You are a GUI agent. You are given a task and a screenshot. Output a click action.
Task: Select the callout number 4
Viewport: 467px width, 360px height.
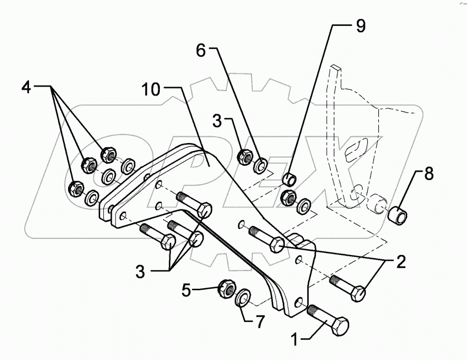(x=26, y=86)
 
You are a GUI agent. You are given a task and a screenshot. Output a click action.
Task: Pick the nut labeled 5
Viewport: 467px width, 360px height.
(x=226, y=288)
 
